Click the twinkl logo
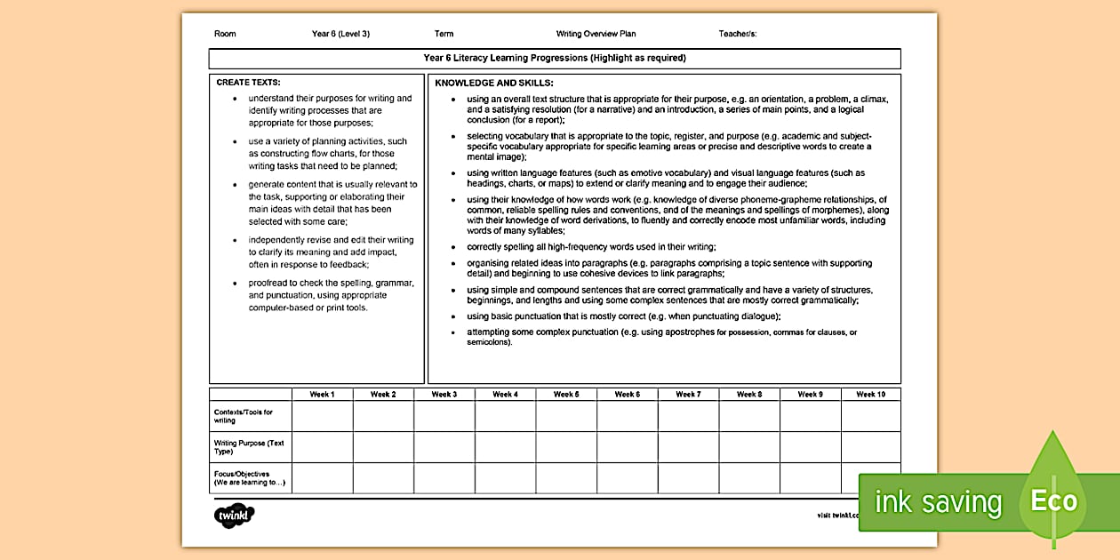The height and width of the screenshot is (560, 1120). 234,515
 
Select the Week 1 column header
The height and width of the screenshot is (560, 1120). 322,394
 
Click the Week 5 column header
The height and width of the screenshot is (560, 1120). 566,394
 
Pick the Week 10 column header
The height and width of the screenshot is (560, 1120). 870,394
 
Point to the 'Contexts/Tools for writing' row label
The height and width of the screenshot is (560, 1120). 244,416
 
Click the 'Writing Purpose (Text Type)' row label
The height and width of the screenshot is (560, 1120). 249,447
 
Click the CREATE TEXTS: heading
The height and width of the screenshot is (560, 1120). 248,82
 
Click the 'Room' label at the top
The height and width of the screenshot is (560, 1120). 225,34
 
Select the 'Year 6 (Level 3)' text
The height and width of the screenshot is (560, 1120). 340,34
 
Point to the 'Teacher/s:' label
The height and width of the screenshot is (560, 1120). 738,34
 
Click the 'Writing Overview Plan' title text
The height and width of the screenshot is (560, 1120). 596,34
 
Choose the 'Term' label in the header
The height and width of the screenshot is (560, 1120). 444,34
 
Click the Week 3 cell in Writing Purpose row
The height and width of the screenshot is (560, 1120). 444,447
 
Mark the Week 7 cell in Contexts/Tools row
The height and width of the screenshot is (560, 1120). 688,416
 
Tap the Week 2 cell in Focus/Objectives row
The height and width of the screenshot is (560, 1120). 383,478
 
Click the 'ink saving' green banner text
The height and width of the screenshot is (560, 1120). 938,503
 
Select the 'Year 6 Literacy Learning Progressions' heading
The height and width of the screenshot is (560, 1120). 555,58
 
